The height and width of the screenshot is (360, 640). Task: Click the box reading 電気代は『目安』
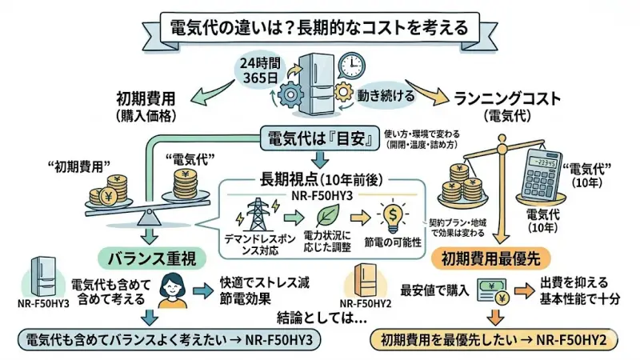pyautogui.click(x=320, y=137)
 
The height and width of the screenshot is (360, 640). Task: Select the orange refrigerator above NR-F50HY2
pyautogui.click(x=365, y=281)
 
